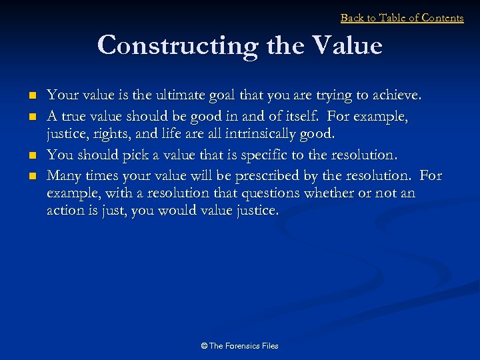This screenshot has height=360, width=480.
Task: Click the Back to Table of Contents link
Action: pos(402,18)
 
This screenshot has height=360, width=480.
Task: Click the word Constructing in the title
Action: pos(177,46)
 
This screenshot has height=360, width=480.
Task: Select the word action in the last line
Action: pos(65,211)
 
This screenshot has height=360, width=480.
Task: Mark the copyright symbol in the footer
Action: pos(204,346)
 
